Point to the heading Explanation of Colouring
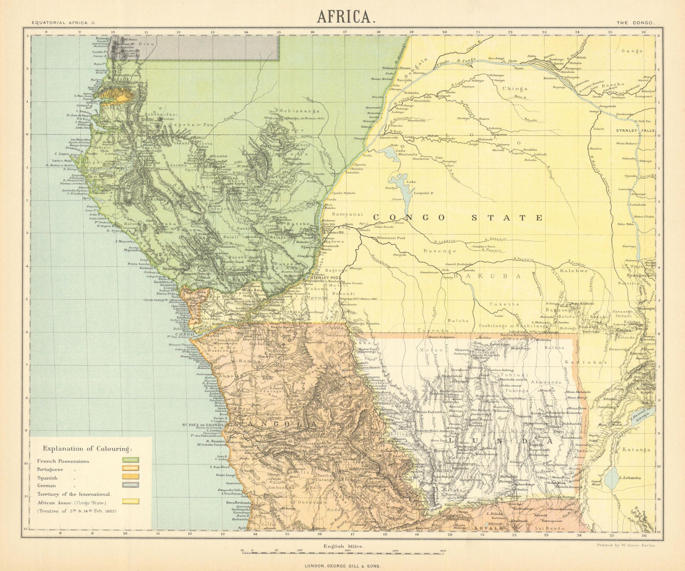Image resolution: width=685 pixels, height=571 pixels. [x=87, y=449]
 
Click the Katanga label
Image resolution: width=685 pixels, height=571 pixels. [x=636, y=450]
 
